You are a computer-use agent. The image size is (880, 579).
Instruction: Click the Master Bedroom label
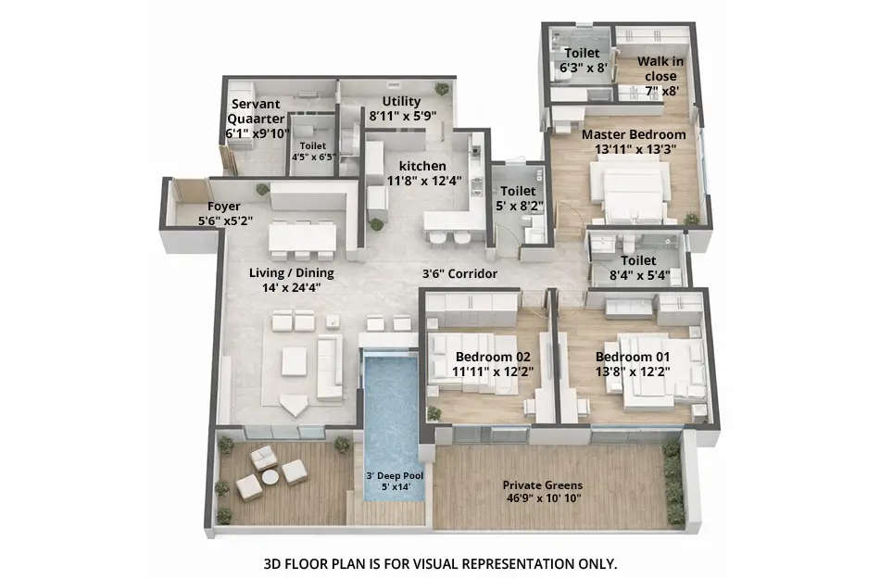click(634, 134)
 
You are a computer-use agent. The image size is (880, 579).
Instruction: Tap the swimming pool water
click(390, 408)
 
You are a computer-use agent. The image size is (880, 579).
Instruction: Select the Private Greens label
click(548, 485)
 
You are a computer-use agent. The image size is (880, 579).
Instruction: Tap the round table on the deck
click(270, 477)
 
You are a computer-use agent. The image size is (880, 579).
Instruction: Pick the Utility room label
click(401, 101)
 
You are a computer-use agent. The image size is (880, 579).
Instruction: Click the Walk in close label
click(662, 69)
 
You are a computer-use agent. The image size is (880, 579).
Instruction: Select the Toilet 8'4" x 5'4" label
click(638, 261)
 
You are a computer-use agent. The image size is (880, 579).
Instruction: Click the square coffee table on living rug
click(295, 361)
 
